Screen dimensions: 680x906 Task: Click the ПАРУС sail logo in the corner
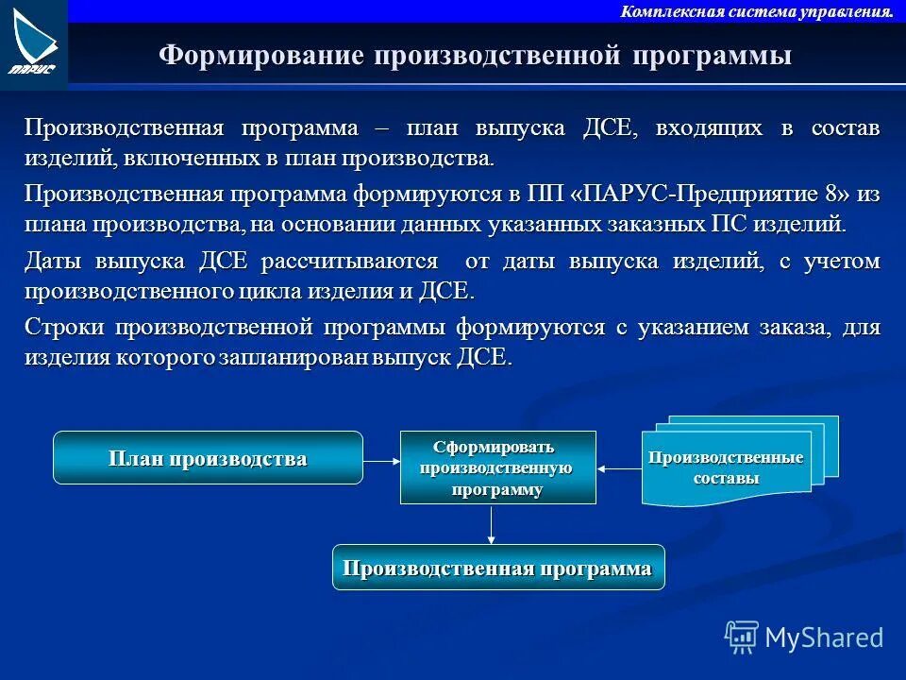(x=33, y=42)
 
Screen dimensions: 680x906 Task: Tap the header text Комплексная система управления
(x=756, y=11)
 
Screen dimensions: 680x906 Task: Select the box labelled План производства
(x=208, y=459)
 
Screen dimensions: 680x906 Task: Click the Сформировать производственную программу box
(x=497, y=468)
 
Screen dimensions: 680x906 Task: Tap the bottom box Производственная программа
(x=497, y=569)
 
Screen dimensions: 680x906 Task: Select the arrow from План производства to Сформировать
(x=381, y=460)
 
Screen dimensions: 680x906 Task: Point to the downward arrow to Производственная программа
(x=492, y=524)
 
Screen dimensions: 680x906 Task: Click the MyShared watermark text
(x=824, y=637)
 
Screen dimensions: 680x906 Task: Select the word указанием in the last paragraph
(x=691, y=328)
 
